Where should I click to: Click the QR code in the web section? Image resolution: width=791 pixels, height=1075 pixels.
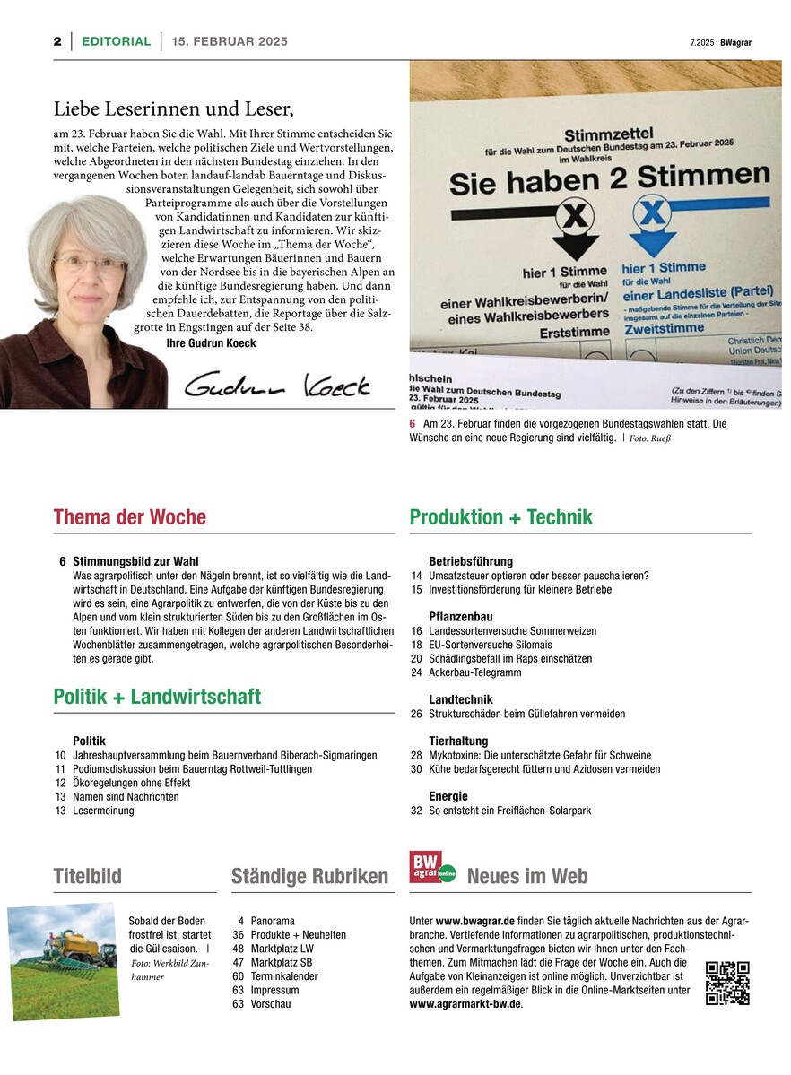click(x=727, y=983)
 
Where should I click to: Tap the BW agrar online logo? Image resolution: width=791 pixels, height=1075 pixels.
click(x=432, y=868)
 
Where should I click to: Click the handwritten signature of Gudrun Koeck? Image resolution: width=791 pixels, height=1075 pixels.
click(x=276, y=385)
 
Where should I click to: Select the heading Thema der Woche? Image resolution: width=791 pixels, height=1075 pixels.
click(x=130, y=517)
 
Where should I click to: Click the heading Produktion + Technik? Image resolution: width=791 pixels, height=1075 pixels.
click(x=500, y=517)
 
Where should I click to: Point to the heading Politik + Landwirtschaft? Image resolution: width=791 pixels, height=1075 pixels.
click(x=157, y=697)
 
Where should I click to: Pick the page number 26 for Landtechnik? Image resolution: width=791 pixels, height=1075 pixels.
click(x=416, y=714)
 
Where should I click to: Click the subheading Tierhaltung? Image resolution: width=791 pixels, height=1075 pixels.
click(x=458, y=741)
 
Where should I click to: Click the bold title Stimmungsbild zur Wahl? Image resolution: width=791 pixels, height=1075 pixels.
click(x=135, y=561)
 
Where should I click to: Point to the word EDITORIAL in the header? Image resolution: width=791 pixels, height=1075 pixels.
click(x=117, y=41)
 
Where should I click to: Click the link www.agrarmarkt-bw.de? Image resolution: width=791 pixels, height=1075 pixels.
click(x=465, y=1004)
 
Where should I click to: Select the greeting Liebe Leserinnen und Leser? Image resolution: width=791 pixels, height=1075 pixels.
click(x=174, y=109)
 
